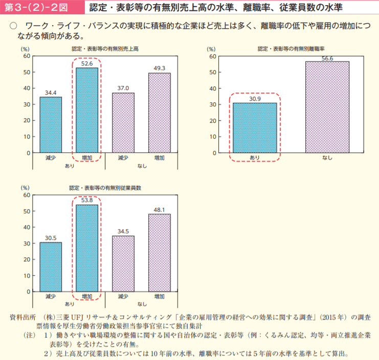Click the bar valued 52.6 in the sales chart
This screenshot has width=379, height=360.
[x=86, y=110]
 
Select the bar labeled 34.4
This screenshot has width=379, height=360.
[x=51, y=125]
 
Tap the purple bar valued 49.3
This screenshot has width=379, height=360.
[x=160, y=112]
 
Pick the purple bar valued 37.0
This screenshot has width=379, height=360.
[x=123, y=123]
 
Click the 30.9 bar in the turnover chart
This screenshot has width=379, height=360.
[x=255, y=128]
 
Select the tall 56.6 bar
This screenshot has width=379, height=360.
[x=327, y=107]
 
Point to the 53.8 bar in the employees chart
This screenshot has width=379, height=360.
[x=86, y=248]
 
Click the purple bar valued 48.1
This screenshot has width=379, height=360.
[x=160, y=253]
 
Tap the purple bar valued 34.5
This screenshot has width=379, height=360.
[x=123, y=263]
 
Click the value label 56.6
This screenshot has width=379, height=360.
[x=327, y=58]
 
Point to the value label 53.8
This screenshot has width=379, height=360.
[x=86, y=200]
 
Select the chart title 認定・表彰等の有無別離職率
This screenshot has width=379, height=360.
[x=292, y=49]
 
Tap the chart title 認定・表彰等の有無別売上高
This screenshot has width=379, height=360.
[x=105, y=49]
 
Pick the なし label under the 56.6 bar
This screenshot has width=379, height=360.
[x=327, y=157]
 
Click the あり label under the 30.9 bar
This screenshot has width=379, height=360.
[x=255, y=157]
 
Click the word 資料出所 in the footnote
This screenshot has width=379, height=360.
[x=23, y=317]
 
